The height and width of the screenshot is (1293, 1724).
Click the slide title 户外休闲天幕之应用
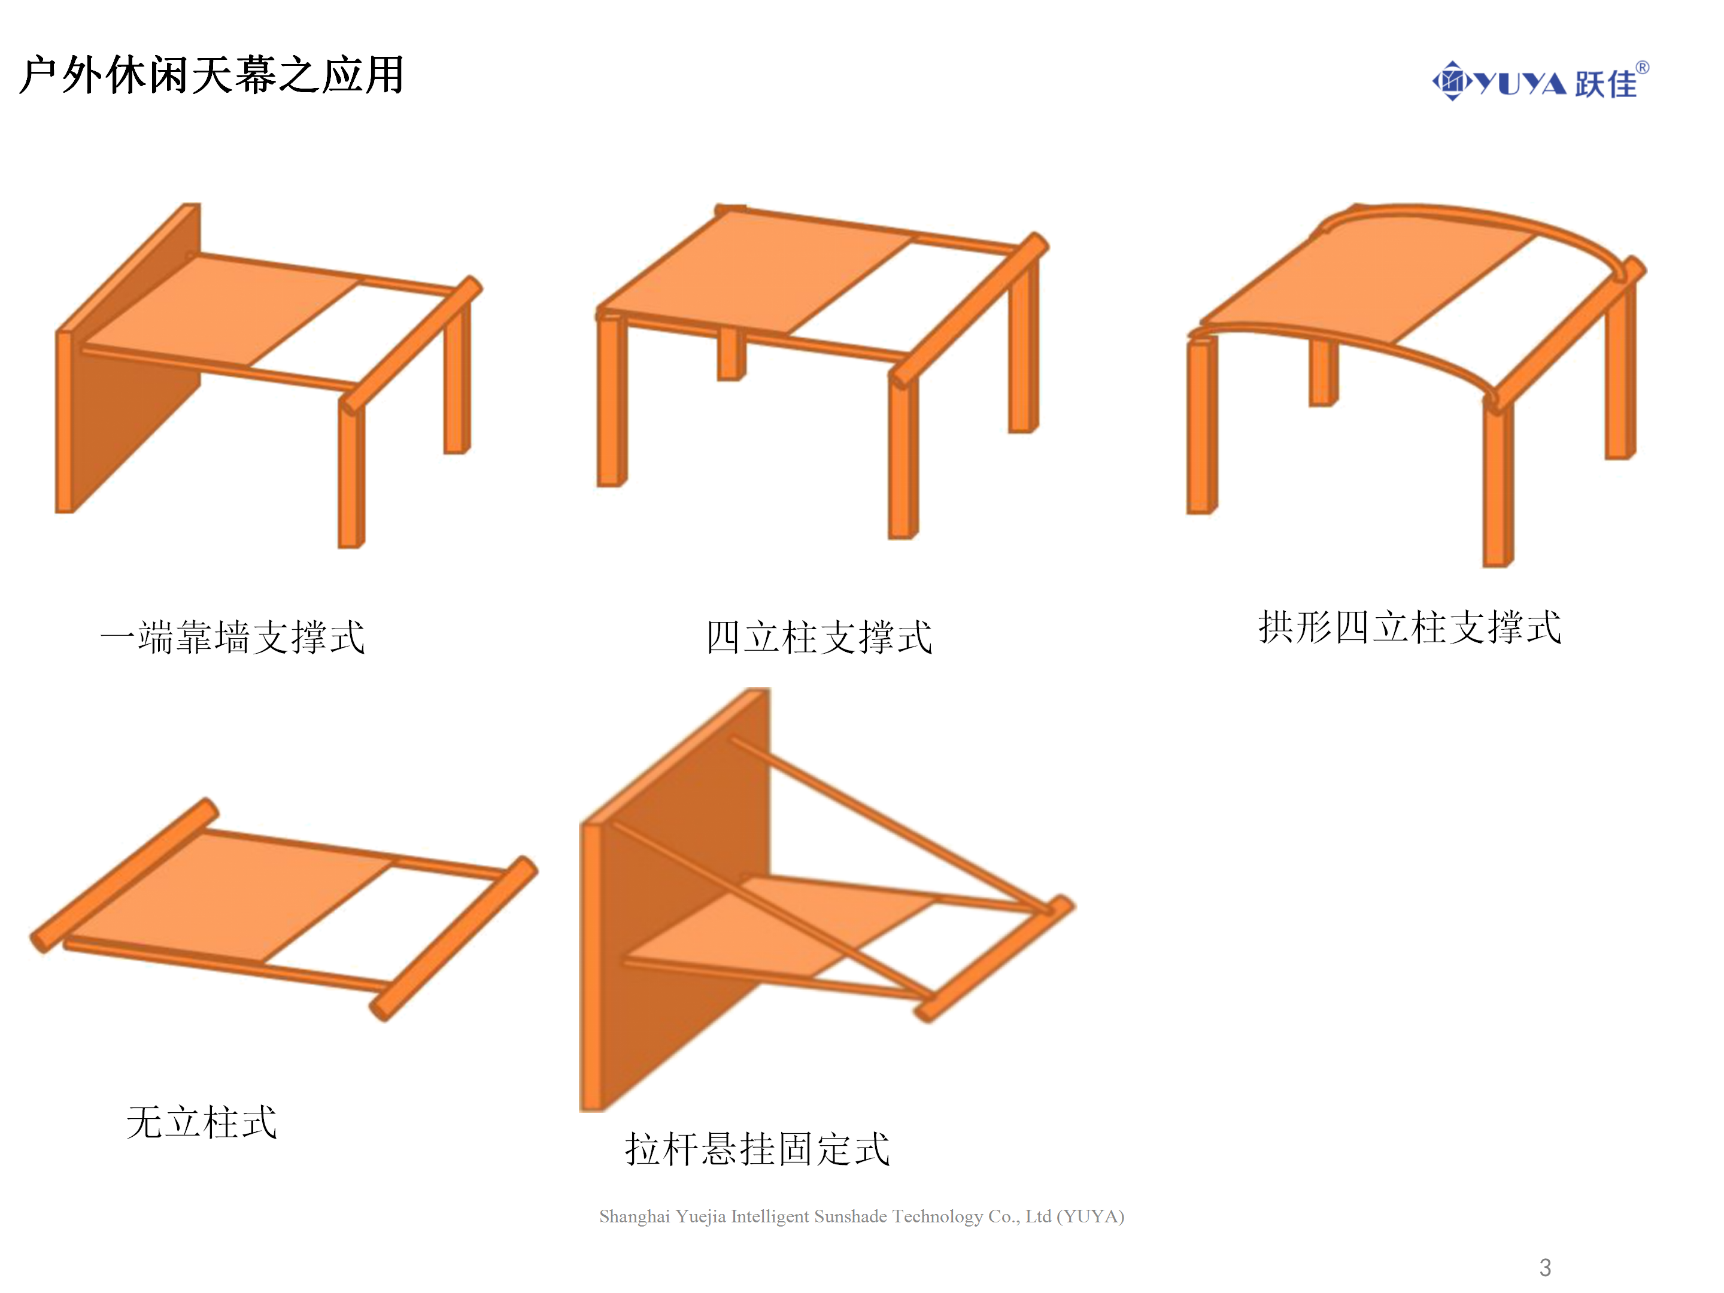point(211,75)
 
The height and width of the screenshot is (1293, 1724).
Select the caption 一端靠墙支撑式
point(233,637)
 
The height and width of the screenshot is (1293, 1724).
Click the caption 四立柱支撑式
point(819,637)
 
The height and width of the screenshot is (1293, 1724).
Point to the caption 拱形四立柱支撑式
point(1410,627)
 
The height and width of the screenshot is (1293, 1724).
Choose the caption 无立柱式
point(202,1122)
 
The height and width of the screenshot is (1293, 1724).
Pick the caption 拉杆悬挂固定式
point(757,1149)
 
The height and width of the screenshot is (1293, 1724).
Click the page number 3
point(1546,1267)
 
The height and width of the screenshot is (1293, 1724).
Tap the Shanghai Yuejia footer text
point(861,1216)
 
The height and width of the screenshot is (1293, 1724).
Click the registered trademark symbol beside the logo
point(1642,68)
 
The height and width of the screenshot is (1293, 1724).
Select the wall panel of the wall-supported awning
point(129,359)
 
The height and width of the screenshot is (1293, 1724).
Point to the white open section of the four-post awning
point(904,296)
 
